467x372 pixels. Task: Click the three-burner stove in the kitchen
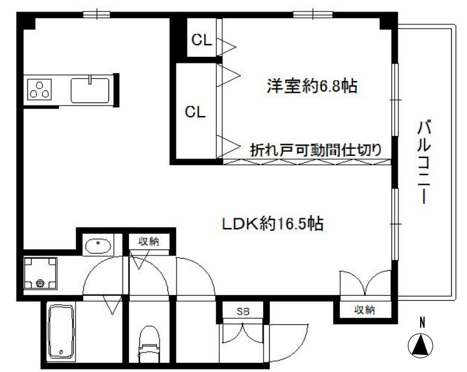pos(40,89)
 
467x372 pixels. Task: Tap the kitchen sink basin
pos(90,90)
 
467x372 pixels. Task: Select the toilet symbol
pos(149,344)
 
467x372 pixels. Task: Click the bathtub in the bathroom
pos(61,331)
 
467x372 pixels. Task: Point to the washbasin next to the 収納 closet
pos(98,246)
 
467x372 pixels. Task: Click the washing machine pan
pos(40,273)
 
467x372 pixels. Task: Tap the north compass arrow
pos(420,345)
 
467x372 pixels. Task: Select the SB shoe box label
pos(243,312)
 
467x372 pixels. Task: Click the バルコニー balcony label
pos(424,162)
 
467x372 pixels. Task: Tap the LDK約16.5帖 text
pos(273,223)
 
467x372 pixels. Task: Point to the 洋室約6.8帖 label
pos(312,86)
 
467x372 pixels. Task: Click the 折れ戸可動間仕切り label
pos(316,150)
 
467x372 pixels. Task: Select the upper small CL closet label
pos(202,40)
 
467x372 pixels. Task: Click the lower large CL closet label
pos(195,112)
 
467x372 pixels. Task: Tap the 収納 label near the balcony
pos(364,310)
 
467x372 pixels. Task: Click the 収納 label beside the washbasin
pos(149,241)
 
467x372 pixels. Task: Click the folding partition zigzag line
pos(307,162)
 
